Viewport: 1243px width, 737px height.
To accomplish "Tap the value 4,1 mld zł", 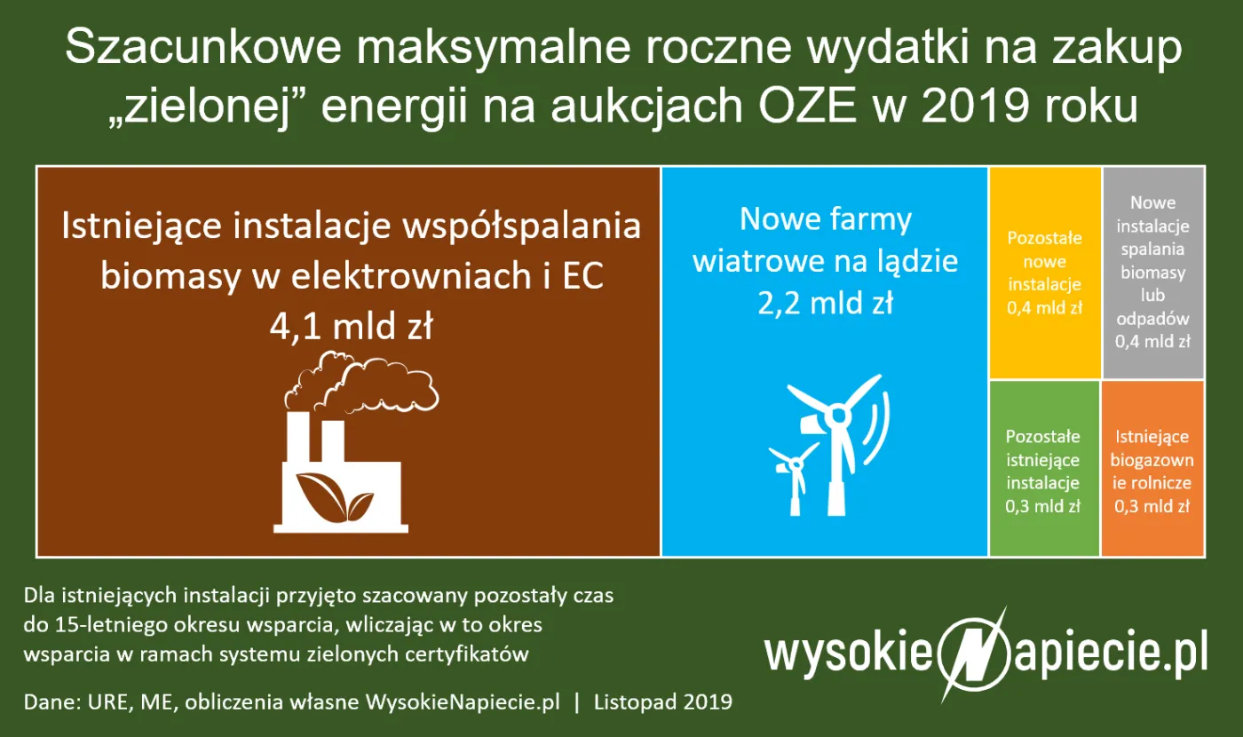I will click(x=351, y=328).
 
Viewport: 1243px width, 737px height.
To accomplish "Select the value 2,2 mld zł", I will click(x=825, y=304).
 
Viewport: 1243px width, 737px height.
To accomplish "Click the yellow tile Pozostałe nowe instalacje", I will click(x=1045, y=273).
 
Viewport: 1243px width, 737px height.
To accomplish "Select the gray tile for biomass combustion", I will click(x=1152, y=272).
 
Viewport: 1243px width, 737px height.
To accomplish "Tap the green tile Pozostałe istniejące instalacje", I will click(x=1043, y=469).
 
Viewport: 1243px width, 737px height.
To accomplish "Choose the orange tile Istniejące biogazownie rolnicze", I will click(x=1152, y=469).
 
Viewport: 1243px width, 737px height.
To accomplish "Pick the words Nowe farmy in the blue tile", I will click(x=826, y=219).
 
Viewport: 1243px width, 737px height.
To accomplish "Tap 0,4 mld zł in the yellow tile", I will click(x=1045, y=309).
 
